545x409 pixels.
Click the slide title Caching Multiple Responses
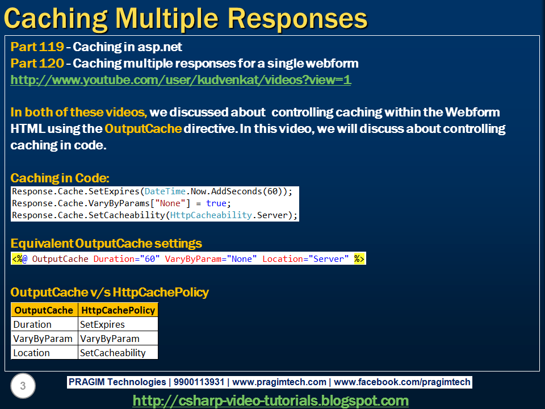[186, 19]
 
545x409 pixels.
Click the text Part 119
[37, 47]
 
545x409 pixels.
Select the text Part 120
[37, 63]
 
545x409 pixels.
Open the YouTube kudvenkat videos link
[181, 80]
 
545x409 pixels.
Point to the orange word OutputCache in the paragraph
[143, 129]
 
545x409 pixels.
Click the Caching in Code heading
[60, 178]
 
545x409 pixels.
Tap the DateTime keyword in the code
[165, 191]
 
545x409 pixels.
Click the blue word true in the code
[216, 203]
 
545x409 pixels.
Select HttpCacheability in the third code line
[211, 215]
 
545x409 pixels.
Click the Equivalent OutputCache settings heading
[106, 244]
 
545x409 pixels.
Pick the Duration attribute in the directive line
[114, 259]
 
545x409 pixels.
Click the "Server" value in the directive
[329, 259]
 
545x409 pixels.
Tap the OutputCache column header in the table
[44, 310]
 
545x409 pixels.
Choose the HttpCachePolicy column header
[118, 310]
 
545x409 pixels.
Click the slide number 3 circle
[23, 386]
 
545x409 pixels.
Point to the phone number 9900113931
[199, 382]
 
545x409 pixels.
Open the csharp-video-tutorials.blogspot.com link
[271, 400]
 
